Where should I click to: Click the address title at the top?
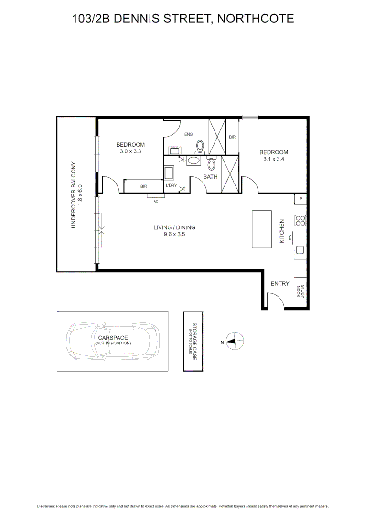(x=182, y=19)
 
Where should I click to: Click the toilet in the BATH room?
(x=212, y=164)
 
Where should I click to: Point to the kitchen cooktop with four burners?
(x=301, y=220)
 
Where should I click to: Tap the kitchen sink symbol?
(x=301, y=249)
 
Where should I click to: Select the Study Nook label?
(x=300, y=291)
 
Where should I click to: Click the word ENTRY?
(x=280, y=284)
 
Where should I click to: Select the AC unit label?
(x=156, y=201)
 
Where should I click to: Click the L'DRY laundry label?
(x=171, y=185)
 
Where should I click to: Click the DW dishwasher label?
(x=290, y=237)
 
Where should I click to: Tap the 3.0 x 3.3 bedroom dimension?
(x=130, y=151)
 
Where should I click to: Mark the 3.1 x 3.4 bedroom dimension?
(x=274, y=160)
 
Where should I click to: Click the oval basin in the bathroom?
(x=194, y=161)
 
